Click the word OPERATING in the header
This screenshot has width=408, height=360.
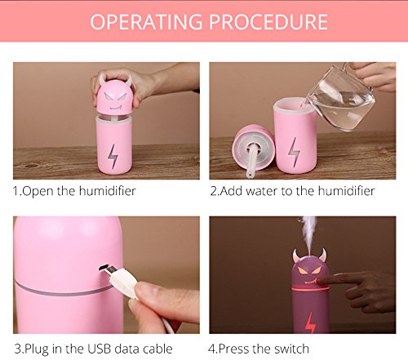click(146, 22)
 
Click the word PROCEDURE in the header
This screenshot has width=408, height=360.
click(268, 22)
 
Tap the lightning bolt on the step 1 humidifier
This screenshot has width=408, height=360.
click(113, 156)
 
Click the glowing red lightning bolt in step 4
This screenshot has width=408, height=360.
click(310, 322)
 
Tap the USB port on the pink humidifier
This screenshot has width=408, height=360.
click(103, 268)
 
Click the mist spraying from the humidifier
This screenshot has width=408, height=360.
click(308, 231)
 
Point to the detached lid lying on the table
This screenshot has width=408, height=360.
click(253, 149)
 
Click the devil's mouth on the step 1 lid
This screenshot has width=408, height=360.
click(115, 108)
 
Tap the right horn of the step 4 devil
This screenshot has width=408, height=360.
click(323, 255)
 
